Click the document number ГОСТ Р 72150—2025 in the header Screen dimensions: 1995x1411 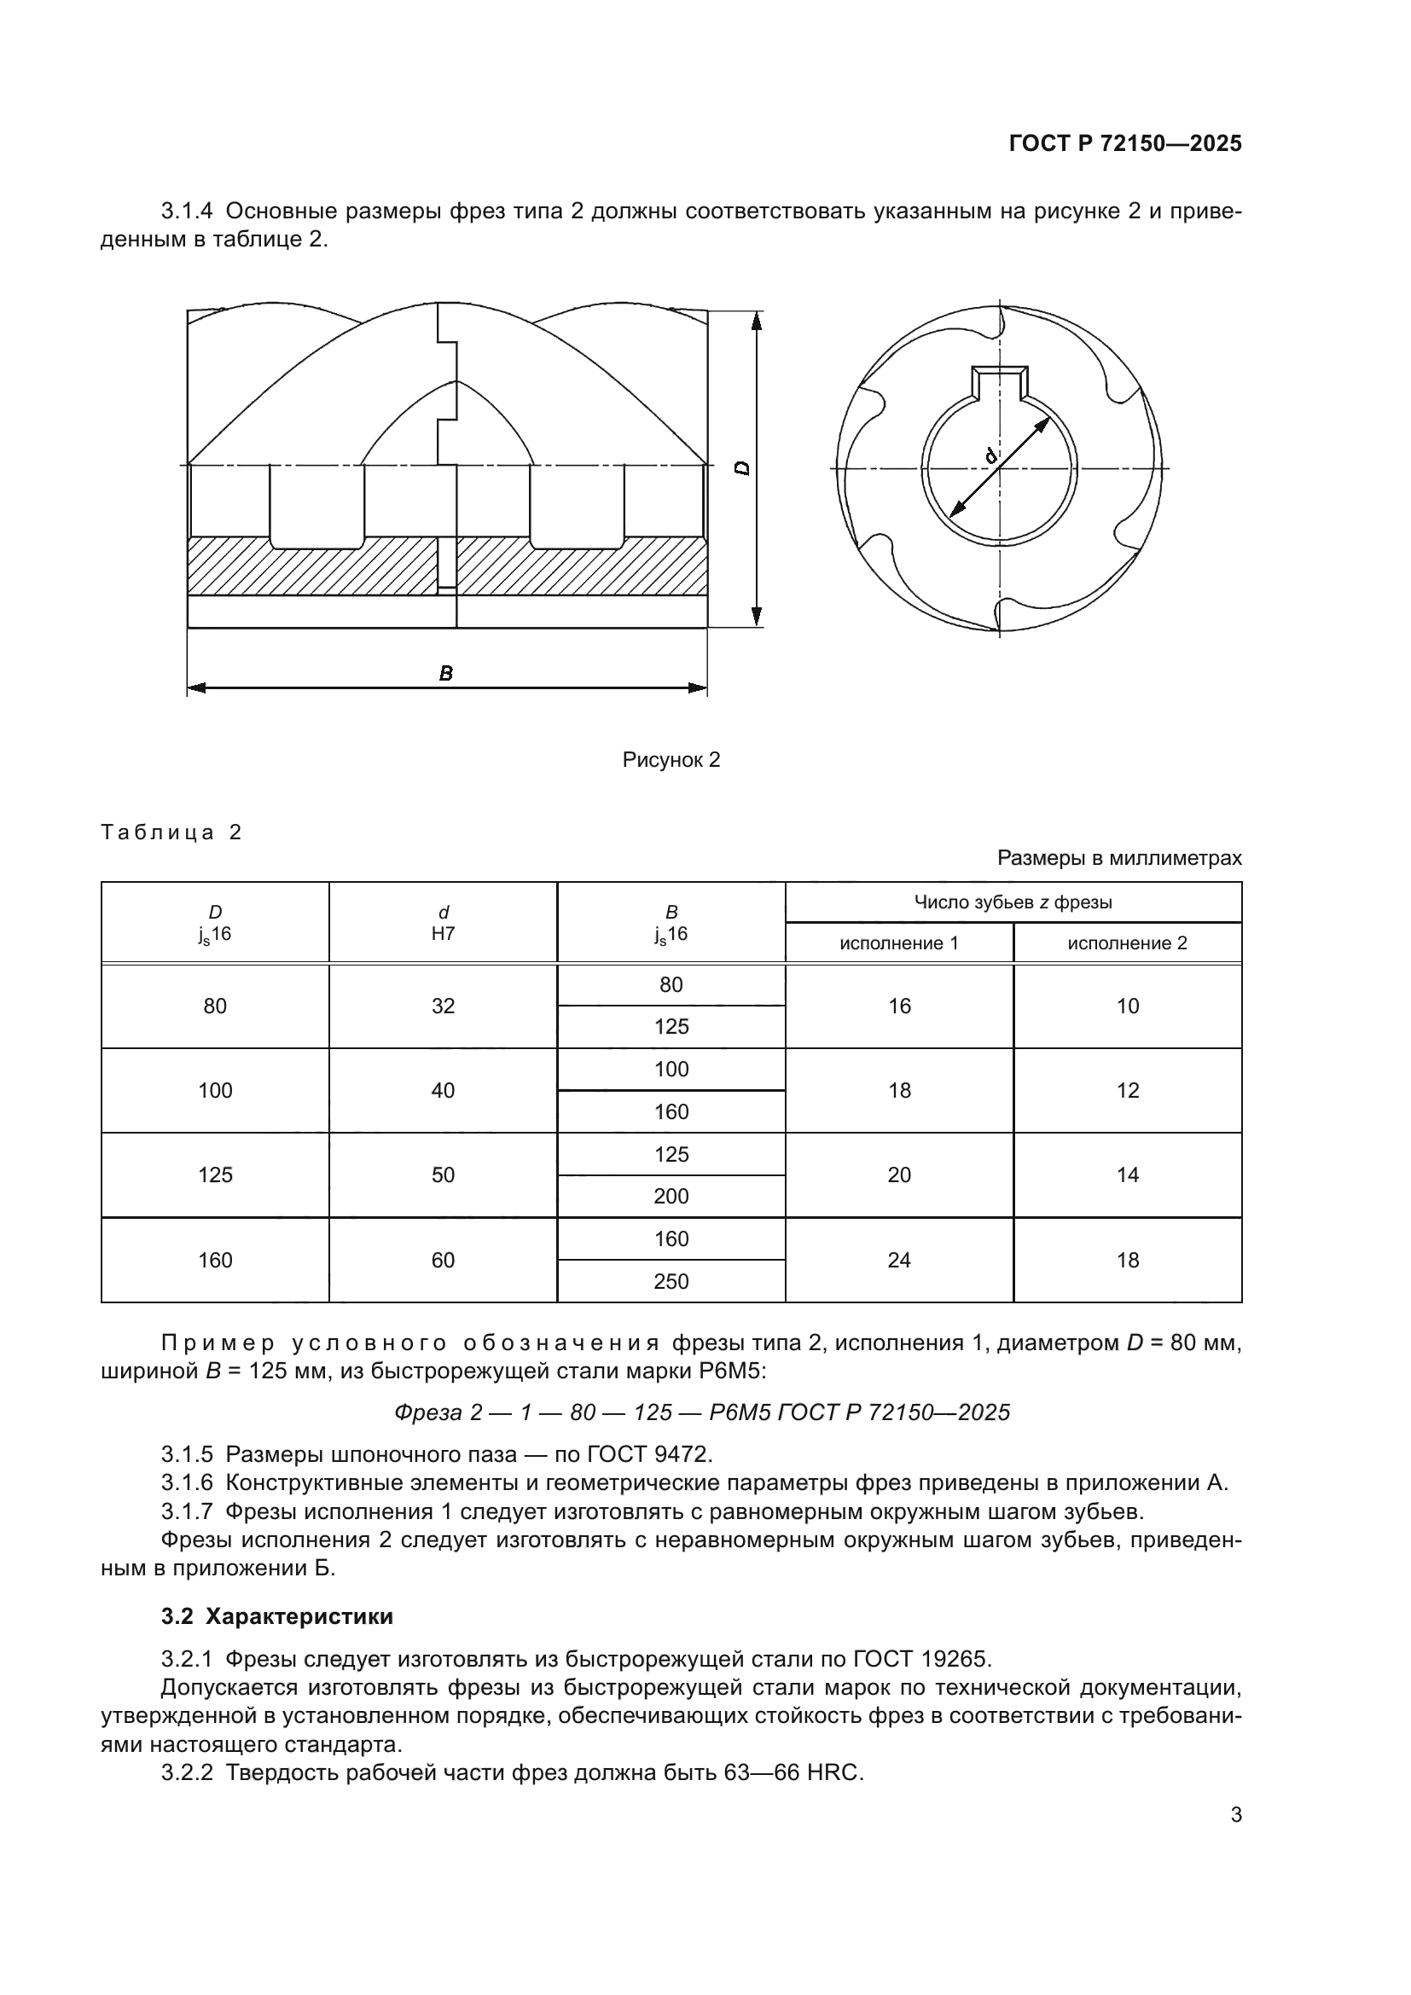[x=1125, y=143]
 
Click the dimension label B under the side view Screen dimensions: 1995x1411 [x=445, y=674]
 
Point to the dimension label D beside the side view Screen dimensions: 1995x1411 [x=742, y=467]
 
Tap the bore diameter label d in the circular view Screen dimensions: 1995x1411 [x=991, y=455]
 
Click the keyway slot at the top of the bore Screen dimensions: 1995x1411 [x=1000, y=382]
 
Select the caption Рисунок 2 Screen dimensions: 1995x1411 [x=671, y=759]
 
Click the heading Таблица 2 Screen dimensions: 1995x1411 [x=171, y=832]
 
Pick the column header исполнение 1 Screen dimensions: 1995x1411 [x=898, y=942]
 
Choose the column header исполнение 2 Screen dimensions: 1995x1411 [x=1127, y=942]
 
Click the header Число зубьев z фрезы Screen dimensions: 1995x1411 [x=1013, y=902]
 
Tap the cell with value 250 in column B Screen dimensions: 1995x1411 [x=671, y=1282]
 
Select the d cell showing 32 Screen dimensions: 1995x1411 [x=443, y=1006]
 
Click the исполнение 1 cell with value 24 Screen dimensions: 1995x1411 [x=898, y=1260]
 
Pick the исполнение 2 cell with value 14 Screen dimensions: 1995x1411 [x=1127, y=1174]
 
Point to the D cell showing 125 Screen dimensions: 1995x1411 [x=215, y=1174]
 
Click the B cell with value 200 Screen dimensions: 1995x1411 [x=671, y=1197]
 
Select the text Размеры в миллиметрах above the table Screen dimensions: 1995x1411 [x=1119, y=859]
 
